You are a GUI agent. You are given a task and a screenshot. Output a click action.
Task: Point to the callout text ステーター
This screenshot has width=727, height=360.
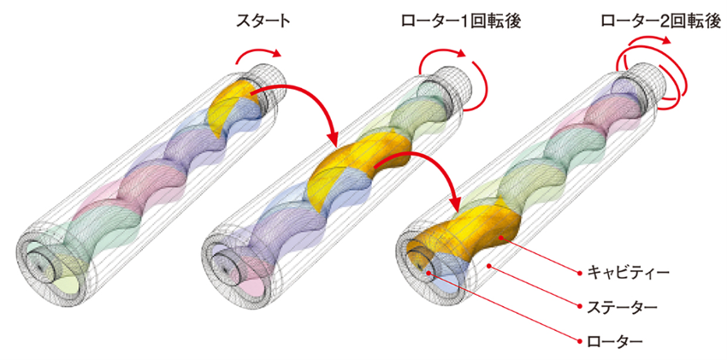click(x=616, y=304)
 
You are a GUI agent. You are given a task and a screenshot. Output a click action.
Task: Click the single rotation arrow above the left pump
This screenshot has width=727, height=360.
click(x=260, y=56)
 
